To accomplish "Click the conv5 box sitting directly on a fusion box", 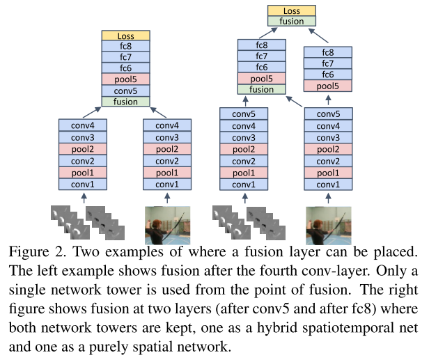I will pyautogui.click(x=125, y=91).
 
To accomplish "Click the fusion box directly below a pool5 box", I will pyautogui.click(x=261, y=89).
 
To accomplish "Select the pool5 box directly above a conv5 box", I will pyautogui.click(x=125, y=79).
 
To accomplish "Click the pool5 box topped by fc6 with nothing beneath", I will pyautogui.click(x=328, y=86).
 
